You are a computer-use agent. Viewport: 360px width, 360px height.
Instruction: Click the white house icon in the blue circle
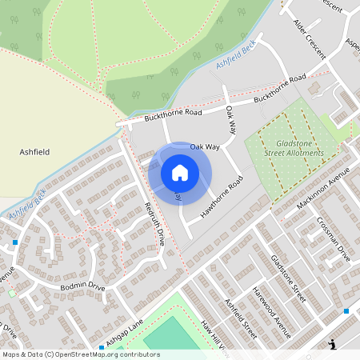coord(180,173)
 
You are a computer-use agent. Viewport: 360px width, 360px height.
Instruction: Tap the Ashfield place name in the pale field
coord(34,150)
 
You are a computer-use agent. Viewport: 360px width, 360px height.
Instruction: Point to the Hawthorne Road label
coord(222,195)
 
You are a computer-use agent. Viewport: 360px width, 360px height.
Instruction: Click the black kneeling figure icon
coord(333,345)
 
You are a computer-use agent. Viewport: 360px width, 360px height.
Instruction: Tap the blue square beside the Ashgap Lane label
coord(102,347)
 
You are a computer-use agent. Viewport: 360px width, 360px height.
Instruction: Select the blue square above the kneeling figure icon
coord(346,310)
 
